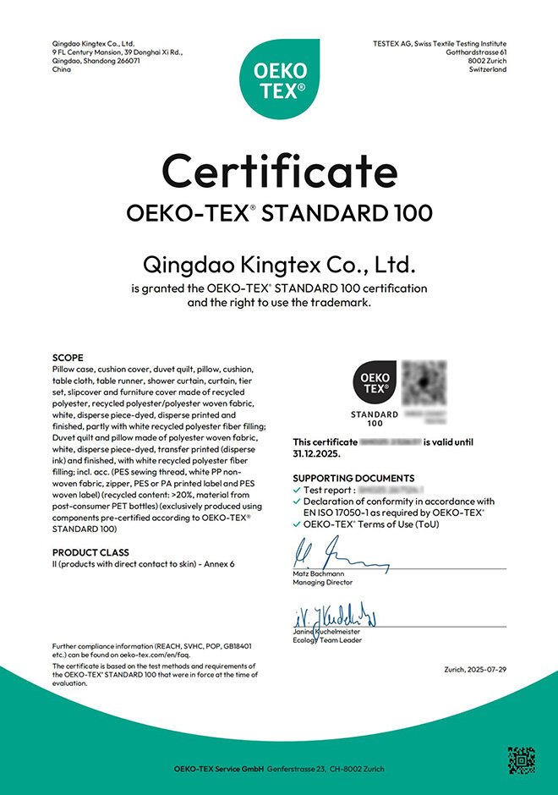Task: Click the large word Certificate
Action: [x=279, y=172]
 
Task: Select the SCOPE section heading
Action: [x=68, y=358]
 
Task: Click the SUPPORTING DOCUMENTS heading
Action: [x=353, y=478]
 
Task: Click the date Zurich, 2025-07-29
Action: [x=474, y=670]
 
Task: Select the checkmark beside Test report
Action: [x=296, y=490]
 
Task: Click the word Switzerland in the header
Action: [x=488, y=69]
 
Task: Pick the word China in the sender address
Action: [x=62, y=69]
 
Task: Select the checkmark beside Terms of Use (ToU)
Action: [x=296, y=524]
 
